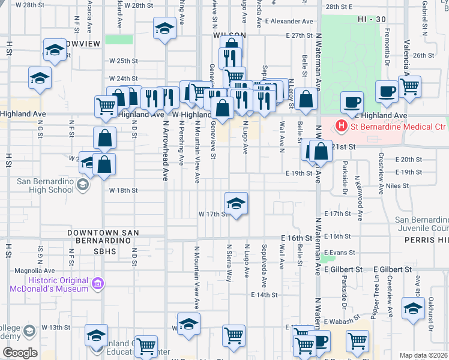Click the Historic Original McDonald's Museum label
click(49, 284)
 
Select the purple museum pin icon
click(96, 282)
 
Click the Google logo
click(20, 353)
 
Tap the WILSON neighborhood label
click(229, 35)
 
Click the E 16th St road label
click(296, 238)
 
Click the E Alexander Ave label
click(292, 21)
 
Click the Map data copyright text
click(423, 355)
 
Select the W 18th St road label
click(124, 190)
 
